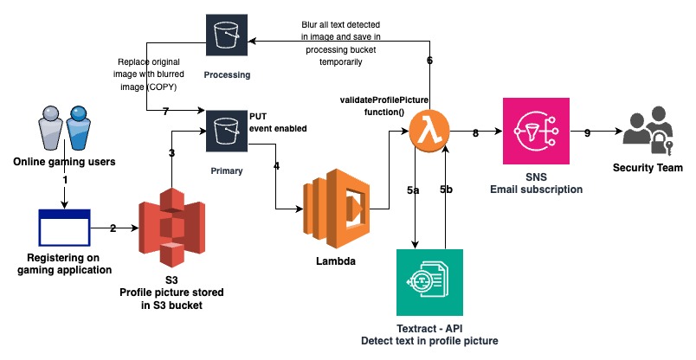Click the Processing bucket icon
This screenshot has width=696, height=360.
point(227,35)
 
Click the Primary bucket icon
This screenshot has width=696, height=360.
point(227,131)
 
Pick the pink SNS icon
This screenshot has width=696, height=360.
point(537,131)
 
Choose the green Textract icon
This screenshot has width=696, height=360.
point(430,282)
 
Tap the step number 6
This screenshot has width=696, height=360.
point(430,61)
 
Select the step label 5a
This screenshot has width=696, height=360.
point(414,189)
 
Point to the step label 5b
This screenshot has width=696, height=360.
point(447,189)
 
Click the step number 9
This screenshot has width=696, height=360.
point(587,133)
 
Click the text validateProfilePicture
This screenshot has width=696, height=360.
point(383,101)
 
